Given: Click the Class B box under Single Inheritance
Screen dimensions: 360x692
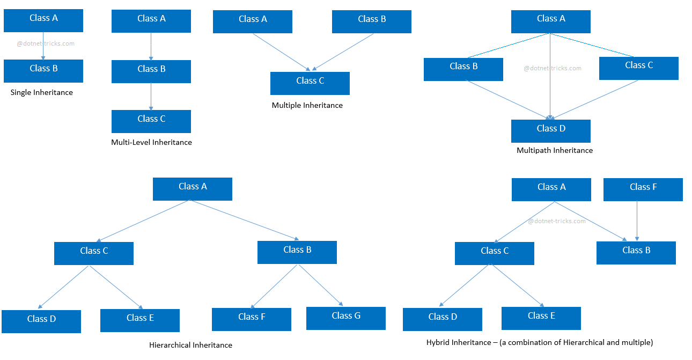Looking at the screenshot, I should coord(43,71).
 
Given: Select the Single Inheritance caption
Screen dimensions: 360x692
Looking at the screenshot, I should coord(42,93).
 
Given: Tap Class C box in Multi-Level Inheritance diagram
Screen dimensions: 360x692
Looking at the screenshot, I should coord(151,121).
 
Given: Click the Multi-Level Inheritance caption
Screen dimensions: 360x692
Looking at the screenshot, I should coord(151,143).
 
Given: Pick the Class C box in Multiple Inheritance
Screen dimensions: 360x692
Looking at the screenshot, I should coord(310,83).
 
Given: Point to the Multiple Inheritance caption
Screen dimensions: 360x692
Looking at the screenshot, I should coord(307,106).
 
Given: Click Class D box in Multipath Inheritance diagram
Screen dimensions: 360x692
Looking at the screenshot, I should coord(551,131).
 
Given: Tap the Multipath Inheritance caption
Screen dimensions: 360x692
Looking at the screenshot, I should coord(555,151).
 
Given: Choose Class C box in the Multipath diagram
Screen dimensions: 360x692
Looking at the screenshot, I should coord(639,68).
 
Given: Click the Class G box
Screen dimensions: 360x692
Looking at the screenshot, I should coord(346,318).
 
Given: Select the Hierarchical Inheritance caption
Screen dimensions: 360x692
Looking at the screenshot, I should coord(190,346).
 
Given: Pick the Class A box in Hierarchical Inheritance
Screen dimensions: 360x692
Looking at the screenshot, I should coord(193,189).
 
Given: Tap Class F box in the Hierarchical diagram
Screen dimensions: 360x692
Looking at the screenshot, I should coord(252,319).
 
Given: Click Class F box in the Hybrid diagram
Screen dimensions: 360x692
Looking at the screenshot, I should coord(643,189).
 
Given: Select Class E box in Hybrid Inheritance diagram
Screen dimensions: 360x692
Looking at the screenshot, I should coord(541,318).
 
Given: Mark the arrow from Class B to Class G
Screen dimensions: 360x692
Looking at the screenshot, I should coord(321,285).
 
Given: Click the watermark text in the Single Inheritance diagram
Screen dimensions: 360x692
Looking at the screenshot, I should coord(46,44).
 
